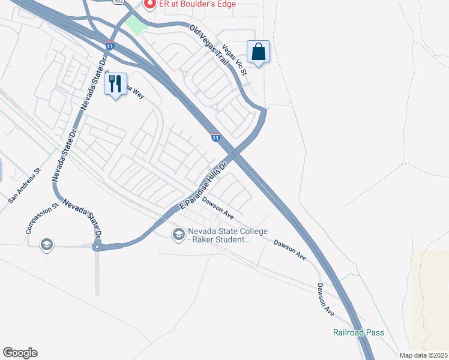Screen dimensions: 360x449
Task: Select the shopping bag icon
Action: pos(258,52)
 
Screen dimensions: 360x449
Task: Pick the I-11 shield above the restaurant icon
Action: pos(110,46)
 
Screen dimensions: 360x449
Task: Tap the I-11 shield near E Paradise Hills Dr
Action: pos(215,137)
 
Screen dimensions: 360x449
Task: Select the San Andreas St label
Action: pos(25,184)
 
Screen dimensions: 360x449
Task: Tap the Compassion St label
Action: pos(41,218)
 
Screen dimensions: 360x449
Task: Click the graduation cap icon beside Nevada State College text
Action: pos(178,235)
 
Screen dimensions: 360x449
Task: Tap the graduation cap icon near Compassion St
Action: pos(46,245)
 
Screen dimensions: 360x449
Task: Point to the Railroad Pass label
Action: pos(359,332)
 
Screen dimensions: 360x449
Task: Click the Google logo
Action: pos(20,353)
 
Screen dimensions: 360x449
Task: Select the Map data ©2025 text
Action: pos(424,355)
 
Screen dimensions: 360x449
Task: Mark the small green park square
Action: pos(137,26)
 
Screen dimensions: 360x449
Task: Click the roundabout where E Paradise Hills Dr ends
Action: pos(96,246)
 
